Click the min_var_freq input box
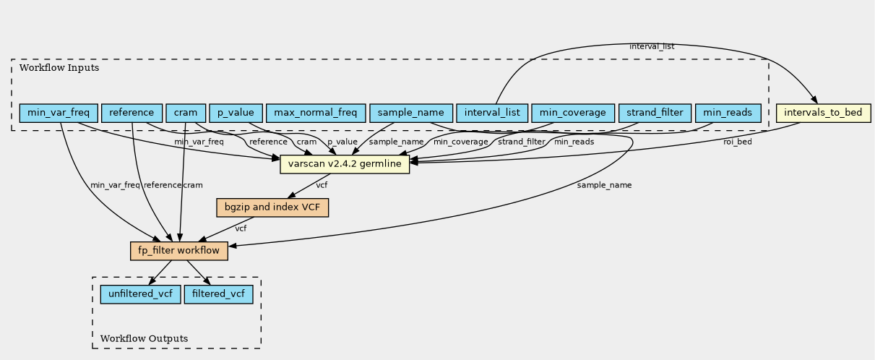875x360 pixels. pyautogui.click(x=59, y=113)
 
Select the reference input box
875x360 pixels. pyautogui.click(x=132, y=113)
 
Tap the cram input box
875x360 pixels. pyautogui.click(x=186, y=113)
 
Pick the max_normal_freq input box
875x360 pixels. pyautogui.click(x=316, y=113)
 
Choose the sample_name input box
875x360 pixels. pyautogui.click(x=411, y=113)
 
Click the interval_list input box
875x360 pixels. pyautogui.click(x=492, y=113)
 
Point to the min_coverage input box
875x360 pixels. pyautogui.click(x=573, y=113)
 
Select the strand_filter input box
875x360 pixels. pyautogui.click(x=655, y=113)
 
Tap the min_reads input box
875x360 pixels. pyautogui.click(x=728, y=113)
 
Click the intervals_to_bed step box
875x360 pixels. pyautogui.click(x=824, y=113)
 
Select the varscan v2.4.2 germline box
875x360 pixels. pyautogui.click(x=345, y=164)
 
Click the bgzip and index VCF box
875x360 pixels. pyautogui.click(x=272, y=207)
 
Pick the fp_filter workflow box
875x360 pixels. pyautogui.click(x=179, y=251)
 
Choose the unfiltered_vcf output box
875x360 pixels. pyautogui.click(x=141, y=294)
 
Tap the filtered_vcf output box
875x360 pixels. pyautogui.click(x=219, y=294)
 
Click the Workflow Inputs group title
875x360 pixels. pyautogui.click(x=59, y=68)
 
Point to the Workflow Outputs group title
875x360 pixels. pyautogui.click(x=144, y=338)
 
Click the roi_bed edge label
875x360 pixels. pyautogui.click(x=738, y=142)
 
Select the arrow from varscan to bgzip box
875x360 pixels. pyautogui.click(x=309, y=186)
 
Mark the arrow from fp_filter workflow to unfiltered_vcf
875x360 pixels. pyautogui.click(x=160, y=273)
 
